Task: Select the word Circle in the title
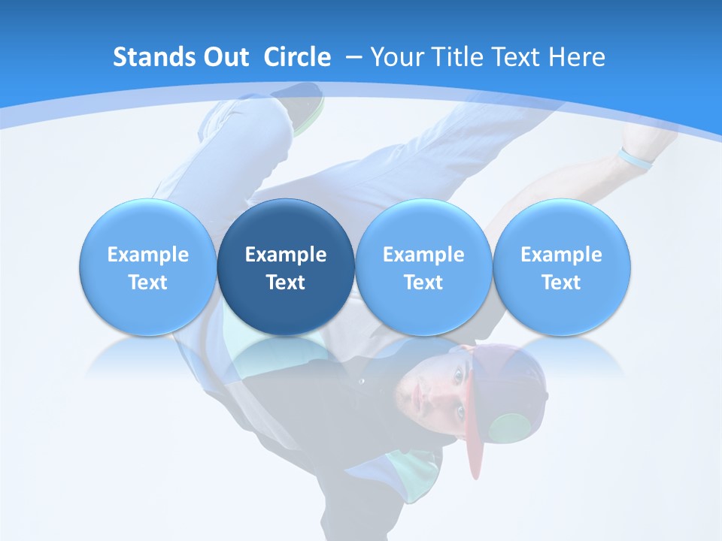[297, 57]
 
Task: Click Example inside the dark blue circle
[286, 255]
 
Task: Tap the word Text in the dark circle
[286, 283]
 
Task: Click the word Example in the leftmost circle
[147, 255]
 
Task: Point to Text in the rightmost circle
[562, 283]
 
